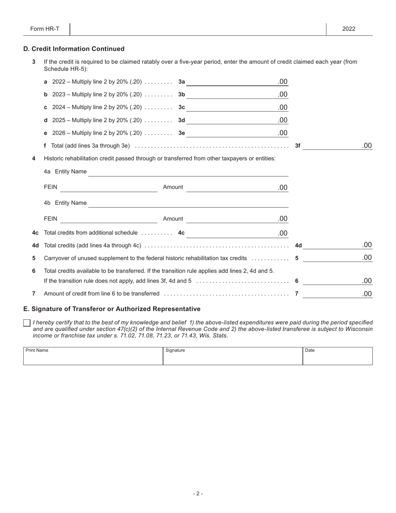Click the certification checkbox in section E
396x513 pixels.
[x=27, y=323]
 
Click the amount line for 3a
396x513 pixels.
[x=231, y=82]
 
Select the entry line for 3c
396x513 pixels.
[x=231, y=108]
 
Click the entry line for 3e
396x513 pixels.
[x=231, y=133]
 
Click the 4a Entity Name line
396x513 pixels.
[x=188, y=172]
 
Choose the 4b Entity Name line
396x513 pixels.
[x=188, y=203]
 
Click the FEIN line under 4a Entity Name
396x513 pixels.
[x=109, y=188]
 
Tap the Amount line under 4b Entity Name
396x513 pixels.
[x=231, y=219]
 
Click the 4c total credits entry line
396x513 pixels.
[x=231, y=233]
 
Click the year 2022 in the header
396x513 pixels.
[x=349, y=29]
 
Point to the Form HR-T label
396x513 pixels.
[x=45, y=29]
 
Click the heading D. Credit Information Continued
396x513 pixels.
[x=74, y=49]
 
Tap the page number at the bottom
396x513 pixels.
[x=198, y=493]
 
